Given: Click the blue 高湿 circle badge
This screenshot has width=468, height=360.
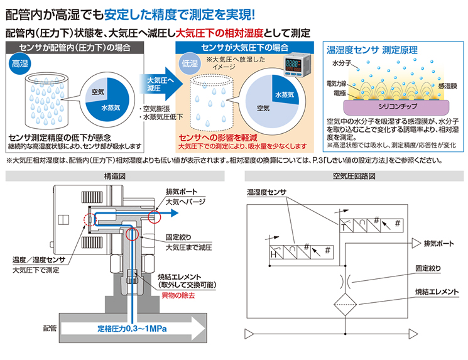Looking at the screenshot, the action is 19,63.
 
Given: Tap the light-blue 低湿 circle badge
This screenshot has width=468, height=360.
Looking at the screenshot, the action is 190,63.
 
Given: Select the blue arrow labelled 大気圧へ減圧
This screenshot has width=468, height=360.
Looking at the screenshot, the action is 161,84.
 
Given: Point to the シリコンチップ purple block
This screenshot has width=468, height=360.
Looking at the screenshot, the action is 396,107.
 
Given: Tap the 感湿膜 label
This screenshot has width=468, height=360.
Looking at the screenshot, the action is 448,86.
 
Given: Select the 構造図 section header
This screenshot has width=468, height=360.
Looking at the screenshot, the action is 115,176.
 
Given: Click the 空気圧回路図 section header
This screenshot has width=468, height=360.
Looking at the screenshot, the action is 354,176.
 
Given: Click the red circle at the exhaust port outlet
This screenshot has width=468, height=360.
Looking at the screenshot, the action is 155,216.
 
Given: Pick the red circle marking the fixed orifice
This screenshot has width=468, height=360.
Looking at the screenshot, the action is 132,234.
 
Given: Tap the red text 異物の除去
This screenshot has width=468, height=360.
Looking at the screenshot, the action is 178,295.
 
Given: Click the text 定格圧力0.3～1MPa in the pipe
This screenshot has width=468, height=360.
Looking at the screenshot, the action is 132,329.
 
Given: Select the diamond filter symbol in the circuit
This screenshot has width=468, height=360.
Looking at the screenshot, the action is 346,305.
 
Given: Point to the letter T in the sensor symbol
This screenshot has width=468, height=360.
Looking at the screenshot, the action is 344,227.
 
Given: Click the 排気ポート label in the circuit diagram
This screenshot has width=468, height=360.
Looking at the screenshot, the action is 438,244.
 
